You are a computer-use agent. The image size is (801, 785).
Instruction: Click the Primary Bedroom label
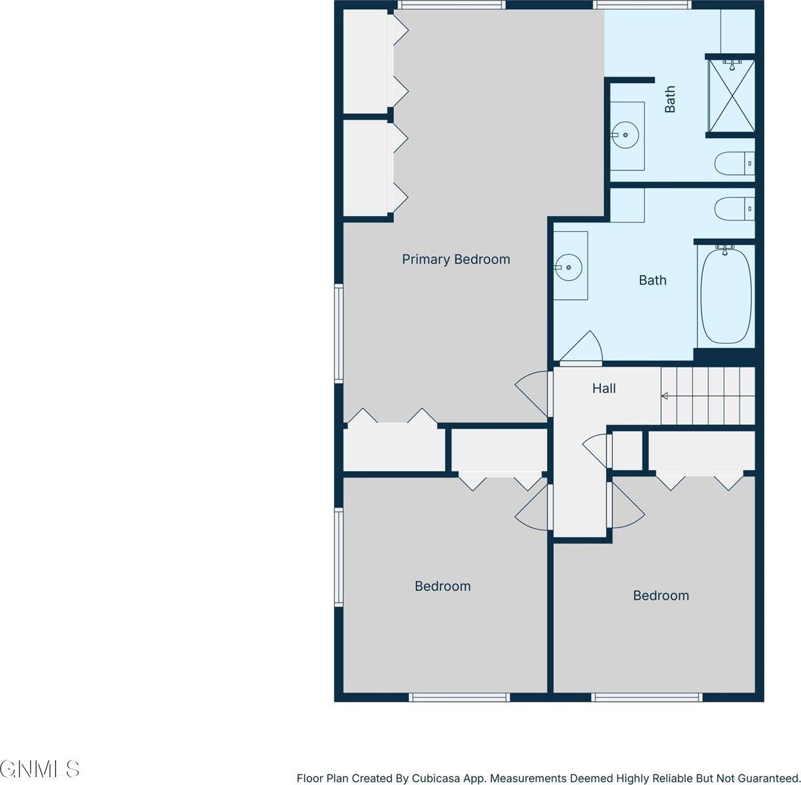tap(455, 259)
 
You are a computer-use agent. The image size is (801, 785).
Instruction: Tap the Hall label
tap(603, 388)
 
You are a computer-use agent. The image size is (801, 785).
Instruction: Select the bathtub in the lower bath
tap(726, 295)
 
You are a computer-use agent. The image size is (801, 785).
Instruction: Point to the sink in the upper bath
tap(625, 135)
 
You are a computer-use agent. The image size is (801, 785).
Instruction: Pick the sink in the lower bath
tap(568, 267)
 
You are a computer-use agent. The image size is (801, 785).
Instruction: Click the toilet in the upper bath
tap(734, 163)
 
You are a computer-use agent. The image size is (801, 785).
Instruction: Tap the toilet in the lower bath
tap(734, 209)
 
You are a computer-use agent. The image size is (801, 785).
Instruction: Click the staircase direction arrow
tap(664, 395)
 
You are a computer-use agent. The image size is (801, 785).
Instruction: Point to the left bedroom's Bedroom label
tap(442, 586)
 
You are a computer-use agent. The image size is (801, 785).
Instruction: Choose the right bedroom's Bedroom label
tap(660, 595)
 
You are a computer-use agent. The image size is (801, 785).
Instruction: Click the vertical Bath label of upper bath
tap(669, 99)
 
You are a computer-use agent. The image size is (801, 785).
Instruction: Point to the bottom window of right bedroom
tap(647, 697)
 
